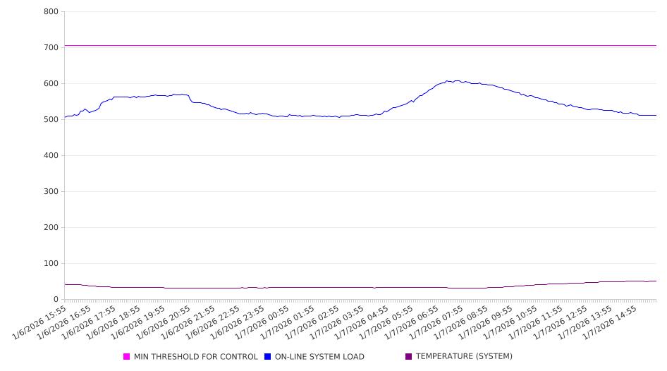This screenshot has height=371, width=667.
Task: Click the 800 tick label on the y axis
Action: (51, 12)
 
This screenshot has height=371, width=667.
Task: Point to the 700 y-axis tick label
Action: (51, 48)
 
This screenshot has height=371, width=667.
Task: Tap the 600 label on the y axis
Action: (51, 84)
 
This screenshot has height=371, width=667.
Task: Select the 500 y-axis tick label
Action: (51, 120)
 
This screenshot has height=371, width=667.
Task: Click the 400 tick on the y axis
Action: (51, 156)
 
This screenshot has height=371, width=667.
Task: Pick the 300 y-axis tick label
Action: (51, 192)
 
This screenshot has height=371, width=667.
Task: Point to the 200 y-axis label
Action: (51, 228)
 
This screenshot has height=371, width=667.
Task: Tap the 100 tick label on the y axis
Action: (51, 264)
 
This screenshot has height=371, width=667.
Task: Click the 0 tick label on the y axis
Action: (56, 300)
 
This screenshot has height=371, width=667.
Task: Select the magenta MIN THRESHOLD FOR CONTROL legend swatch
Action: (127, 357)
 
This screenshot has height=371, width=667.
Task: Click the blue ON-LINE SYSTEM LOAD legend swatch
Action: (268, 357)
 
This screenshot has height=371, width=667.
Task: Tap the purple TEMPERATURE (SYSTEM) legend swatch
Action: (409, 357)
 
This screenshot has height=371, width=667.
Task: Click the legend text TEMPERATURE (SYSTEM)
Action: (464, 357)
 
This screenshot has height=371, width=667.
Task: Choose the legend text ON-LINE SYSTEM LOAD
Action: (319, 357)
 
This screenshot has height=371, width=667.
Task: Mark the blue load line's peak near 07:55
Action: (457, 81)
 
